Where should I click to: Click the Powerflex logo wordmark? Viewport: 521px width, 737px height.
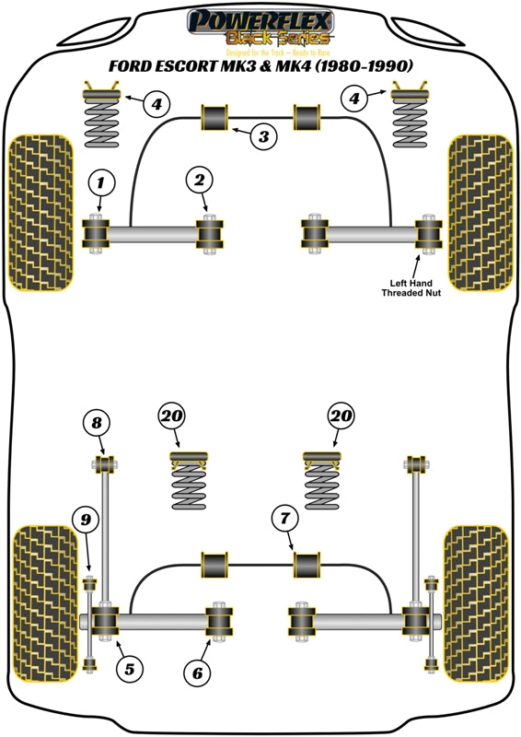click(x=260, y=19)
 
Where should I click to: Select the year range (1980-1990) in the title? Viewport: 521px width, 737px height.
click(x=359, y=65)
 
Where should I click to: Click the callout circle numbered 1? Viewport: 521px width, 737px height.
click(x=102, y=183)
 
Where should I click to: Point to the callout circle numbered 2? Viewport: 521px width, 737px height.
click(x=200, y=181)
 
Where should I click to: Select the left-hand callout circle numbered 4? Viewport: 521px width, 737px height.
click(x=157, y=103)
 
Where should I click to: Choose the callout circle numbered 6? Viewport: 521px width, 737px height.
click(x=196, y=673)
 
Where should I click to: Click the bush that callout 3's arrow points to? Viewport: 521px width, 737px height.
click(x=214, y=118)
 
